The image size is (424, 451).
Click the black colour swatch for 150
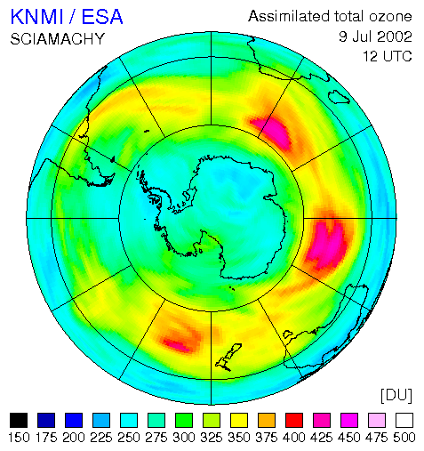click(x=19, y=420)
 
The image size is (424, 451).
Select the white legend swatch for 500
click(x=404, y=420)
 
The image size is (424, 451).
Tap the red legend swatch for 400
click(x=294, y=420)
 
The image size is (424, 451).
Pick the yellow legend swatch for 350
click(x=239, y=420)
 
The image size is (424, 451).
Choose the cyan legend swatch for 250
click(x=129, y=420)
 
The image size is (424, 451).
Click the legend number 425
click(x=322, y=438)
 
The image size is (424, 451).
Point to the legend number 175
click(x=46, y=438)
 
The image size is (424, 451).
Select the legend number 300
click(x=184, y=438)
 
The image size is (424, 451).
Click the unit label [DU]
click(x=396, y=395)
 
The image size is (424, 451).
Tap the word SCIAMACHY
click(x=58, y=39)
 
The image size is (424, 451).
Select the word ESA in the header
click(x=102, y=17)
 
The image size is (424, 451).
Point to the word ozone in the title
click(x=390, y=17)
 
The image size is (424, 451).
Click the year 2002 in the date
click(x=395, y=36)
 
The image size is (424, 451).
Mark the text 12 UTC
click(x=388, y=56)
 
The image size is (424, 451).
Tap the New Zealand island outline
click(x=228, y=358)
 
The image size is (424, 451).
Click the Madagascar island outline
click(x=339, y=97)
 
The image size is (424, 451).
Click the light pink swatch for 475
click(x=377, y=420)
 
